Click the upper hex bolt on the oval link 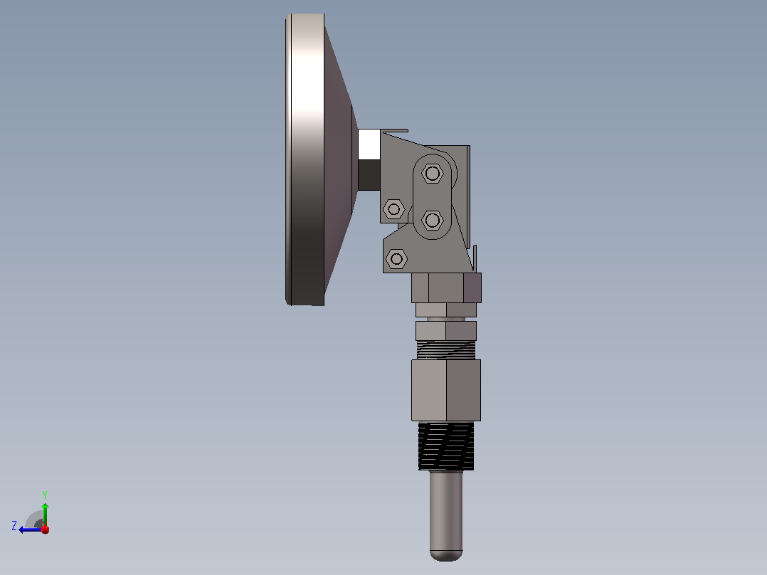pyautogui.click(x=432, y=173)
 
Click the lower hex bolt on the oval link pyautogui.click(x=432, y=220)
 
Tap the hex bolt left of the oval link pyautogui.click(x=393, y=209)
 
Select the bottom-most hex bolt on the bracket pyautogui.click(x=397, y=258)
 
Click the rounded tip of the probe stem pyautogui.click(x=446, y=555)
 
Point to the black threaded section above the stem pyautogui.click(x=446, y=446)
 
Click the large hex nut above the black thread pyautogui.click(x=446, y=390)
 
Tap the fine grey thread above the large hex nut pyautogui.click(x=446, y=350)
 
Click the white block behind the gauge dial pyautogui.click(x=369, y=144)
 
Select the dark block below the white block pyautogui.click(x=369, y=175)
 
